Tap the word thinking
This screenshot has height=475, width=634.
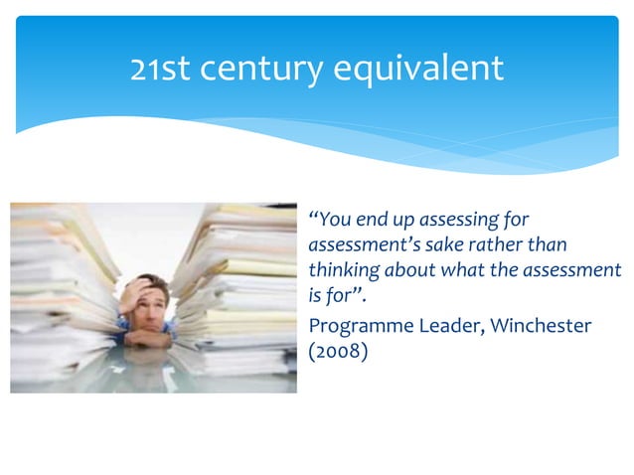(x=344, y=270)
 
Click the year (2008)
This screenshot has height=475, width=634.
(x=339, y=351)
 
